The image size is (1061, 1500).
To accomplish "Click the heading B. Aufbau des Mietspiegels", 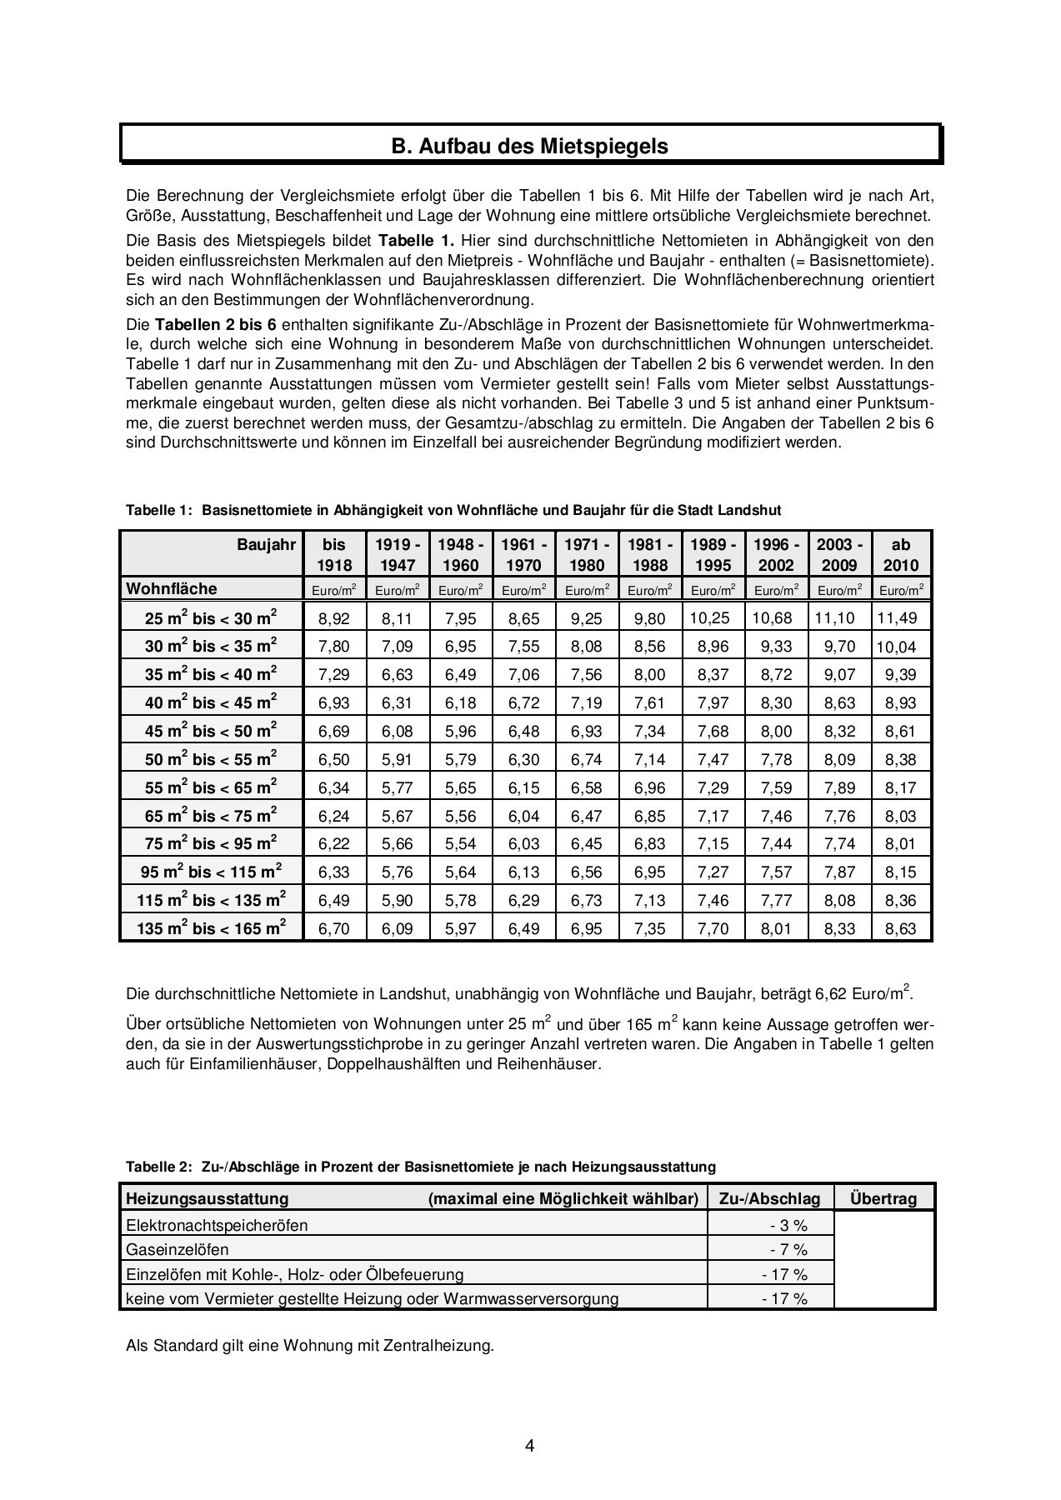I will [530, 147].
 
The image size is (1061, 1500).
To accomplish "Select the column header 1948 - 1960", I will [460, 555].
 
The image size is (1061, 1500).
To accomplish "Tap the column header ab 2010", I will [901, 555].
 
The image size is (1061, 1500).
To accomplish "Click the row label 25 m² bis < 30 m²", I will [211, 618].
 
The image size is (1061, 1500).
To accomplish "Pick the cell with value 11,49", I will [901, 618].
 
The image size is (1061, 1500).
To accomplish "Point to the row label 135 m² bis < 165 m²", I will [211, 928].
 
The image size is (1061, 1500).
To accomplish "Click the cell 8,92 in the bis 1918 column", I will [334, 618].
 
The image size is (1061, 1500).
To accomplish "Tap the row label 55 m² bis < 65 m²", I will [211, 787].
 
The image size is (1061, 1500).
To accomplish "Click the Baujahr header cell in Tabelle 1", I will [266, 545].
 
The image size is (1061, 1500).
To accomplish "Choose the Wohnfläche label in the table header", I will [172, 589].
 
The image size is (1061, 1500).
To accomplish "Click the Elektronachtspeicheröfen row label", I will [217, 1225].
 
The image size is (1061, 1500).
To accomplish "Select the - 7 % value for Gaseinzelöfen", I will [788, 1249].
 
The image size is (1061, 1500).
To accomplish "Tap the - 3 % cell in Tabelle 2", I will [788, 1225].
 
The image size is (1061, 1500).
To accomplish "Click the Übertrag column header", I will [883, 1199].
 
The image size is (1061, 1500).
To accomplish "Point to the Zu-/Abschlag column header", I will [769, 1199].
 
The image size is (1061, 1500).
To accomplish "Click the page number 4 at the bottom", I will [530, 1445].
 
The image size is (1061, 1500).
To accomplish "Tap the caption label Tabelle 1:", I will [159, 510].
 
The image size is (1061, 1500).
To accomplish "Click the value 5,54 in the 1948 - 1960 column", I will [460, 844].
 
